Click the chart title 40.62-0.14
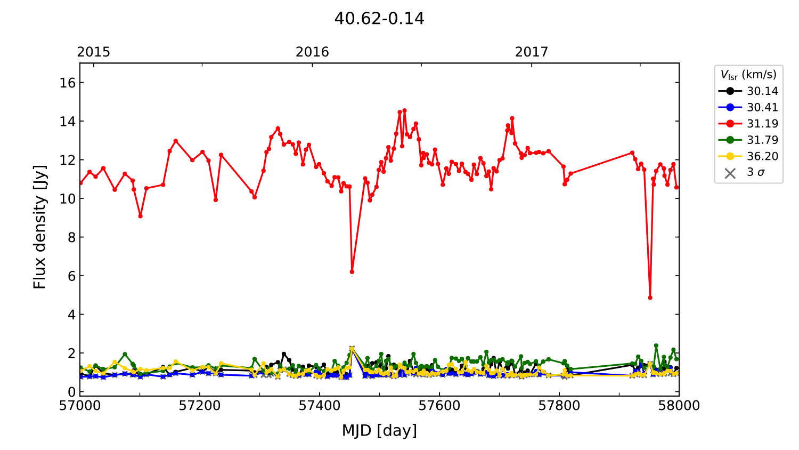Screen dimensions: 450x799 click(x=379, y=19)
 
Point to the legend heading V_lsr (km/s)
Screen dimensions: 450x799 click(x=748, y=75)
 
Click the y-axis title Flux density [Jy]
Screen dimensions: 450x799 click(x=40, y=227)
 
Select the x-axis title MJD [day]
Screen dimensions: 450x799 click(x=379, y=430)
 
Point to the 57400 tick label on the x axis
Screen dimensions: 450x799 click(x=320, y=406)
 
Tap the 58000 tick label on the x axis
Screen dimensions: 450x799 click(x=679, y=406)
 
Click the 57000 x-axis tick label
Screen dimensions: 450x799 click(x=80, y=406)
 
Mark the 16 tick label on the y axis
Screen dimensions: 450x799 click(x=68, y=83)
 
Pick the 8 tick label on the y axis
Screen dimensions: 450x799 click(x=71, y=237)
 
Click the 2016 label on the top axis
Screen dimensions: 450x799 click(x=312, y=52)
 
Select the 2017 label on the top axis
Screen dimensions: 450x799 click(x=531, y=52)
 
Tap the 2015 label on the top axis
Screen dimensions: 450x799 click(x=94, y=52)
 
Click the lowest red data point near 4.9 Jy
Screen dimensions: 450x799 click(x=650, y=298)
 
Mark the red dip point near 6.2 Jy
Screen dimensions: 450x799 click(x=352, y=272)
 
